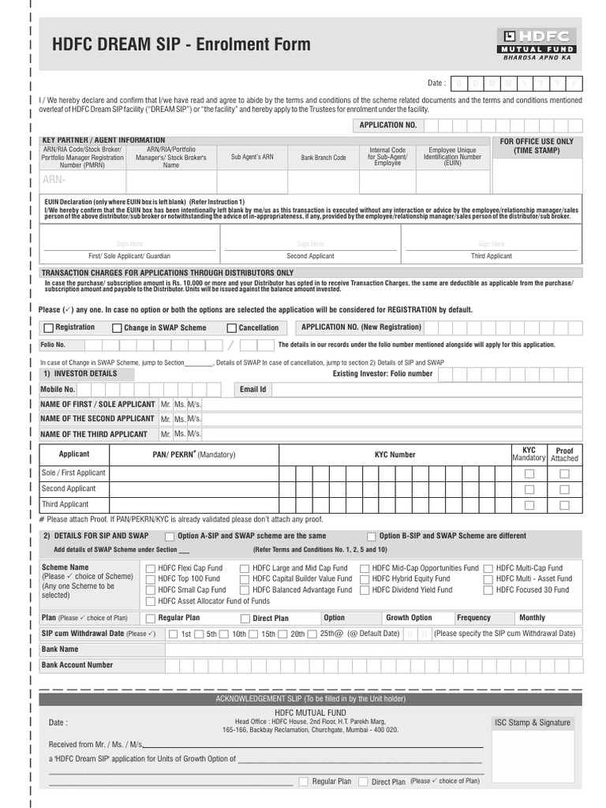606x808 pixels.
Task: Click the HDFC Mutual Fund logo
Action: point(537,44)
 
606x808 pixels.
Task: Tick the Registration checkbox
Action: point(49,328)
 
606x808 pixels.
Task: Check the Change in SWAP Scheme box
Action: point(117,328)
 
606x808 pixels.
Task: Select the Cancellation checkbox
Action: point(232,328)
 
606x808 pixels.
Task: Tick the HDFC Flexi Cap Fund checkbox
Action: point(151,568)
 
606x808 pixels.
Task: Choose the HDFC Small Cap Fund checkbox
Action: point(151,590)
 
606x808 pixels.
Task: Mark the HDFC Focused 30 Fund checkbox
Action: point(488,590)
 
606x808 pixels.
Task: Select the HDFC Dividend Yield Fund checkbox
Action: point(365,590)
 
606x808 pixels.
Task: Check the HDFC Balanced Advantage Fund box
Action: point(245,590)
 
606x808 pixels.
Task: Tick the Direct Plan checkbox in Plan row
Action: point(245,619)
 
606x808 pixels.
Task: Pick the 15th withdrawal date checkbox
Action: point(254,634)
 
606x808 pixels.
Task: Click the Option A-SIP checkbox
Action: point(170,537)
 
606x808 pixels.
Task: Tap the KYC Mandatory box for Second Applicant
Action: point(529,489)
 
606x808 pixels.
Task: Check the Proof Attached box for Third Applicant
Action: point(564,505)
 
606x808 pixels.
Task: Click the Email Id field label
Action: point(252,390)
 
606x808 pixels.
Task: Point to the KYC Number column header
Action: point(395,455)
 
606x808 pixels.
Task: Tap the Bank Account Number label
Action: point(77,665)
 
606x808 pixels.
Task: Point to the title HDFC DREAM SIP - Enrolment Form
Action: point(181,45)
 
